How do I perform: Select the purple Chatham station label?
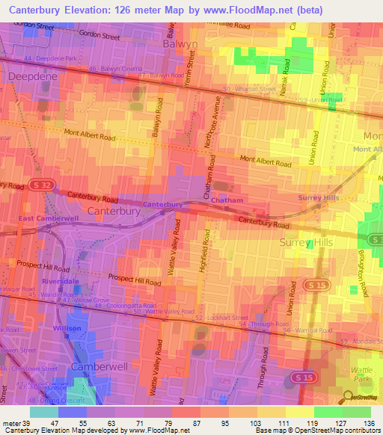(226, 201)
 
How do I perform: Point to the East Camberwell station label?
(49, 217)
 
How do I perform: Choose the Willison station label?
(67, 329)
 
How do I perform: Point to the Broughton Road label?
(361, 271)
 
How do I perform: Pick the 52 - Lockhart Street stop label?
(221, 318)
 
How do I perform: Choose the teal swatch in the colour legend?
(43, 412)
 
